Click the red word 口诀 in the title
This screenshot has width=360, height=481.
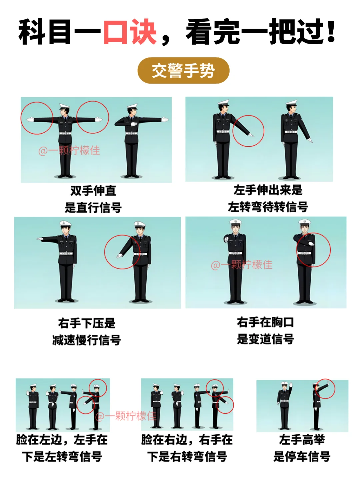130,32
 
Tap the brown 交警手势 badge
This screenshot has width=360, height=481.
183,70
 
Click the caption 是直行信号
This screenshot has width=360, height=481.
93,207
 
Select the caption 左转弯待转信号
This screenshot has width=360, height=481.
268,207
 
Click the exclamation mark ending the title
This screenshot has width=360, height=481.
331,31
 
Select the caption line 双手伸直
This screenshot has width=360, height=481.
93,191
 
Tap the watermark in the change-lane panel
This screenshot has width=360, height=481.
242,265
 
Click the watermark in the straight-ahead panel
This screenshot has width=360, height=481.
69,151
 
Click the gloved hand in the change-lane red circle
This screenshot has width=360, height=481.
311,243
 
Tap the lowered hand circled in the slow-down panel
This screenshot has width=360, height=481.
119,256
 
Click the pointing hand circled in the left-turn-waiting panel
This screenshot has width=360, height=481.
251,135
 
